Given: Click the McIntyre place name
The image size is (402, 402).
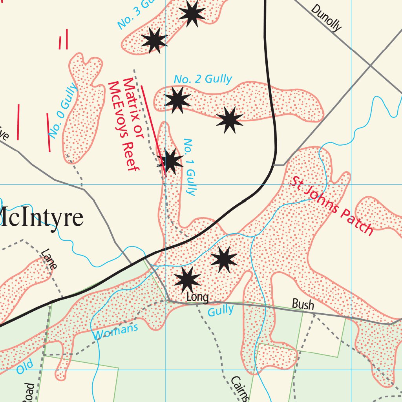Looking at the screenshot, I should tap(41, 218).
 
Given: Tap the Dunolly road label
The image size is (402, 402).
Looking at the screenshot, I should tap(326, 18).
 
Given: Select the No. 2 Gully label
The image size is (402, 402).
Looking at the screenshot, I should tap(203, 79).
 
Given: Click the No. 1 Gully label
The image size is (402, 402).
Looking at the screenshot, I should tap(190, 167).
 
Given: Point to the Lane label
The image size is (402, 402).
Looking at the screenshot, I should tap(49, 259).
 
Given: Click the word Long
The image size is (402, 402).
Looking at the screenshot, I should tap(197, 297).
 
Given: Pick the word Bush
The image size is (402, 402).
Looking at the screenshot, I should tap(303, 304).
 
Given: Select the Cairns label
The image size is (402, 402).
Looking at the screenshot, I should tap(239, 389).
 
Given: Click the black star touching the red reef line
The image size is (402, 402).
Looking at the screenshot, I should tap(170, 161).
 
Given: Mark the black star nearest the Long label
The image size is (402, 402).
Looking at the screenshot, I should tap(187, 279).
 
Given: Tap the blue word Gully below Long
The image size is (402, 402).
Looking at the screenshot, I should tap(220, 311).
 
